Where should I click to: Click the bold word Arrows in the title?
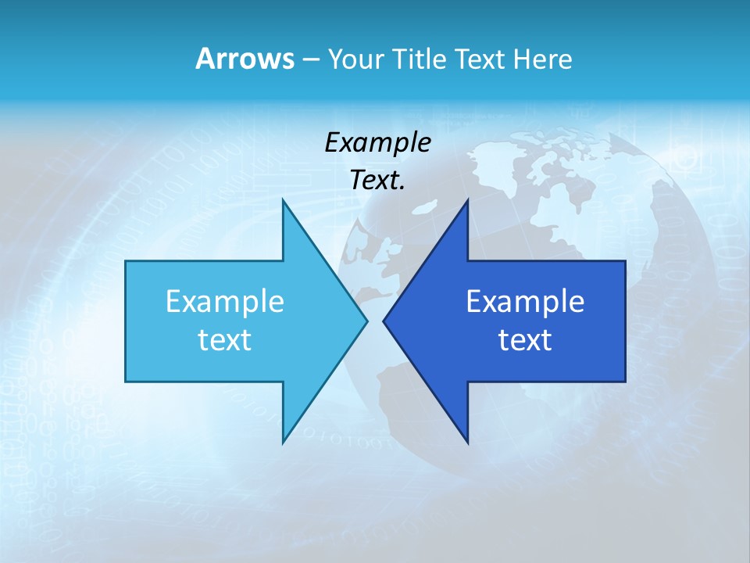pos(245,59)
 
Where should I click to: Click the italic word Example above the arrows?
pos(377,142)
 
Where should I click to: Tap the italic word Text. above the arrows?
pos(377,180)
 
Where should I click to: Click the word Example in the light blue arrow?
pos(225,301)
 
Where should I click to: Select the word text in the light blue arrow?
pos(225,339)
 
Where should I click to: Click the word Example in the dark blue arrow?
pos(525,301)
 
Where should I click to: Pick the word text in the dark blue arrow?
pos(525,339)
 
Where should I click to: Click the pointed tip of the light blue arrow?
pos(366,321)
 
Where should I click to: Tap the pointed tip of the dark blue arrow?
pos(384,321)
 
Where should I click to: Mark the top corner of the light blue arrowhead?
pos(283,200)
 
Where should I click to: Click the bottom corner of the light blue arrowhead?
pos(283,443)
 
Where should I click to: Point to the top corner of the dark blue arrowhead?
pos(467,200)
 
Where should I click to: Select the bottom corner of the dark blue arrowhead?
pos(467,443)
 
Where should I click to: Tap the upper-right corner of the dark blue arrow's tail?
pos(625,261)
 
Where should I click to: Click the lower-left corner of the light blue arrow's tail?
pos(126,381)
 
